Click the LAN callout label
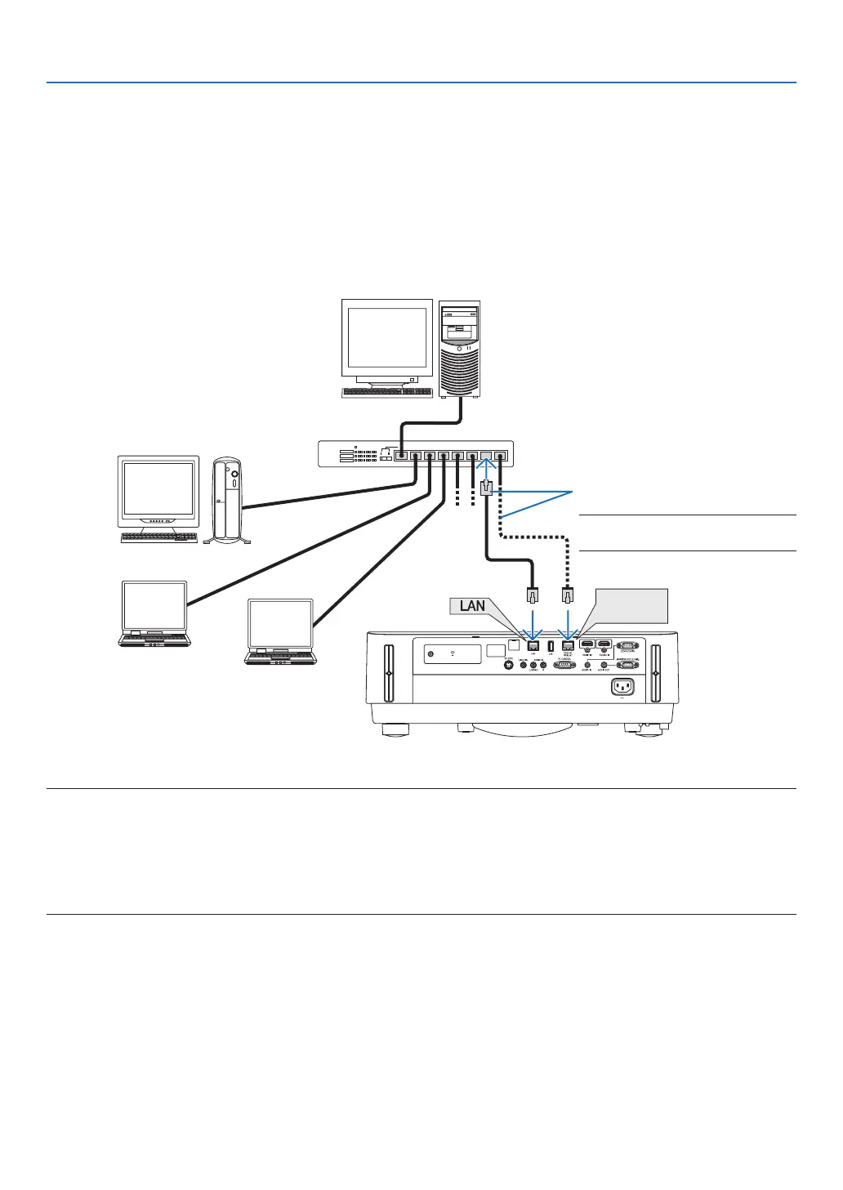[x=472, y=605]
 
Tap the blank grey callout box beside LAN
[x=631, y=605]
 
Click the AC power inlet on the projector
[x=623, y=688]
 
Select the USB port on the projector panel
[x=551, y=646]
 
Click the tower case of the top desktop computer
[x=460, y=349]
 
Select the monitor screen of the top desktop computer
[x=387, y=337]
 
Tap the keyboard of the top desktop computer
[x=386, y=392]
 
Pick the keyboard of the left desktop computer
[x=159, y=537]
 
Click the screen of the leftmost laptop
[x=154, y=605]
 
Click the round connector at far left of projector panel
[x=431, y=653]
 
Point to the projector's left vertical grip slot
[x=388, y=673]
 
